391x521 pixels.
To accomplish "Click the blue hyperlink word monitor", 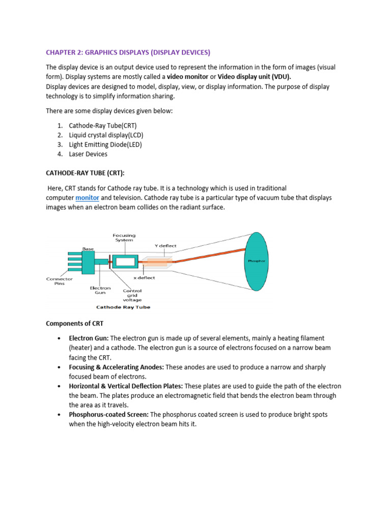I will pyautogui.click(x=87, y=197).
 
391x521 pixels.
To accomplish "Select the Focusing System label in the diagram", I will pyautogui.click(x=124, y=238).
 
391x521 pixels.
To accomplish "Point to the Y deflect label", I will pyautogui.click(x=165, y=246).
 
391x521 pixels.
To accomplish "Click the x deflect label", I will pyautogui.click(x=144, y=278).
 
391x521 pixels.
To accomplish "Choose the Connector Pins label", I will pyautogui.click(x=60, y=281).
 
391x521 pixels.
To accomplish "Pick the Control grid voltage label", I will pyautogui.click(x=132, y=295).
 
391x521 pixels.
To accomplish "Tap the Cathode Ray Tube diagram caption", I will pyautogui.click(x=123, y=307).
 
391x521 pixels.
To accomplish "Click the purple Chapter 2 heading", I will pyautogui.click(x=128, y=52).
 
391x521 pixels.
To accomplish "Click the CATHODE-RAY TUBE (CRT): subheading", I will pyautogui.click(x=85, y=173).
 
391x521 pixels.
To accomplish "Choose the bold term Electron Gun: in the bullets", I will pyautogui.click(x=89, y=338).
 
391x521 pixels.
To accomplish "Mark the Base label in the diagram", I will pyautogui.click(x=88, y=249).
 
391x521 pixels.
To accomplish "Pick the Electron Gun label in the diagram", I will pyautogui.click(x=100, y=291).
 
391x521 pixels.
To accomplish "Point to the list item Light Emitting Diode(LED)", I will pyautogui.click(x=105, y=144).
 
